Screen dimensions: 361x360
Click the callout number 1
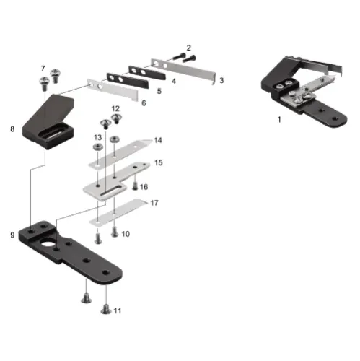coord(280,119)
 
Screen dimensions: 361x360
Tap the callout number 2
coord(189,48)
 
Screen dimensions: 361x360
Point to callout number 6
coord(144,103)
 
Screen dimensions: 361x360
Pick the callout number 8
coord(12,129)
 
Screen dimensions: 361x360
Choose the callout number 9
coord(12,235)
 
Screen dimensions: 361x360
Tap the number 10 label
coord(126,234)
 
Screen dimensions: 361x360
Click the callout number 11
coord(118,310)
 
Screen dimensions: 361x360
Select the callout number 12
coord(115,109)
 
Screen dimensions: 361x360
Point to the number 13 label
coord(97,137)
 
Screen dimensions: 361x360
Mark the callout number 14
coord(158,140)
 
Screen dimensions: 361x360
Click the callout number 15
coord(158,163)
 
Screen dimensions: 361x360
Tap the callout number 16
coord(144,187)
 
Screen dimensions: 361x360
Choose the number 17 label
coord(154,204)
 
